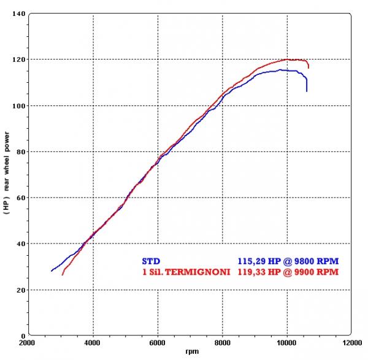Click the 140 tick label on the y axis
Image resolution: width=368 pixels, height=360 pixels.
click(x=17, y=13)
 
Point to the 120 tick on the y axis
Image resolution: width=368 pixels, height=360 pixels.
click(x=17, y=59)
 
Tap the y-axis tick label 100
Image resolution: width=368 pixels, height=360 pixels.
click(x=17, y=105)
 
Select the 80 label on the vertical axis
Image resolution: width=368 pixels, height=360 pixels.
click(x=19, y=151)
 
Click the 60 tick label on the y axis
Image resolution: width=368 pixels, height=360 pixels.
click(x=19, y=197)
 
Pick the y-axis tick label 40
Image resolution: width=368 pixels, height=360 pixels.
click(x=19, y=243)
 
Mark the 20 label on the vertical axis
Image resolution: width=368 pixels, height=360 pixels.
click(x=19, y=289)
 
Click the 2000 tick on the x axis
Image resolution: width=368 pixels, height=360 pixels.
click(x=28, y=343)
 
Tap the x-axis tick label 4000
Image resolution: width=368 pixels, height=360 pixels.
click(x=93, y=343)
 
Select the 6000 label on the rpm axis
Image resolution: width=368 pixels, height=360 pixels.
click(x=158, y=343)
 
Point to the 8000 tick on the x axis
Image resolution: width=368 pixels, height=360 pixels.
click(x=223, y=343)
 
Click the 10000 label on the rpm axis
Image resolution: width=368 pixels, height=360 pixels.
click(x=287, y=343)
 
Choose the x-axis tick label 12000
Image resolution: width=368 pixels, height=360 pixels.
click(x=352, y=343)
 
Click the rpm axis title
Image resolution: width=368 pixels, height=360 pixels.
click(x=191, y=352)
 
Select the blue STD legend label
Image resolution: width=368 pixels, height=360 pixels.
click(x=150, y=261)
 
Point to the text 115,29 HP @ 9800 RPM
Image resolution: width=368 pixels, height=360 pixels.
click(x=288, y=261)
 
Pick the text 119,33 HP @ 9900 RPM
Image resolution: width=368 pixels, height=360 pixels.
click(x=288, y=270)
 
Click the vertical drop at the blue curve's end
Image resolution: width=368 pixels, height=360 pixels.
click(x=307, y=84)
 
